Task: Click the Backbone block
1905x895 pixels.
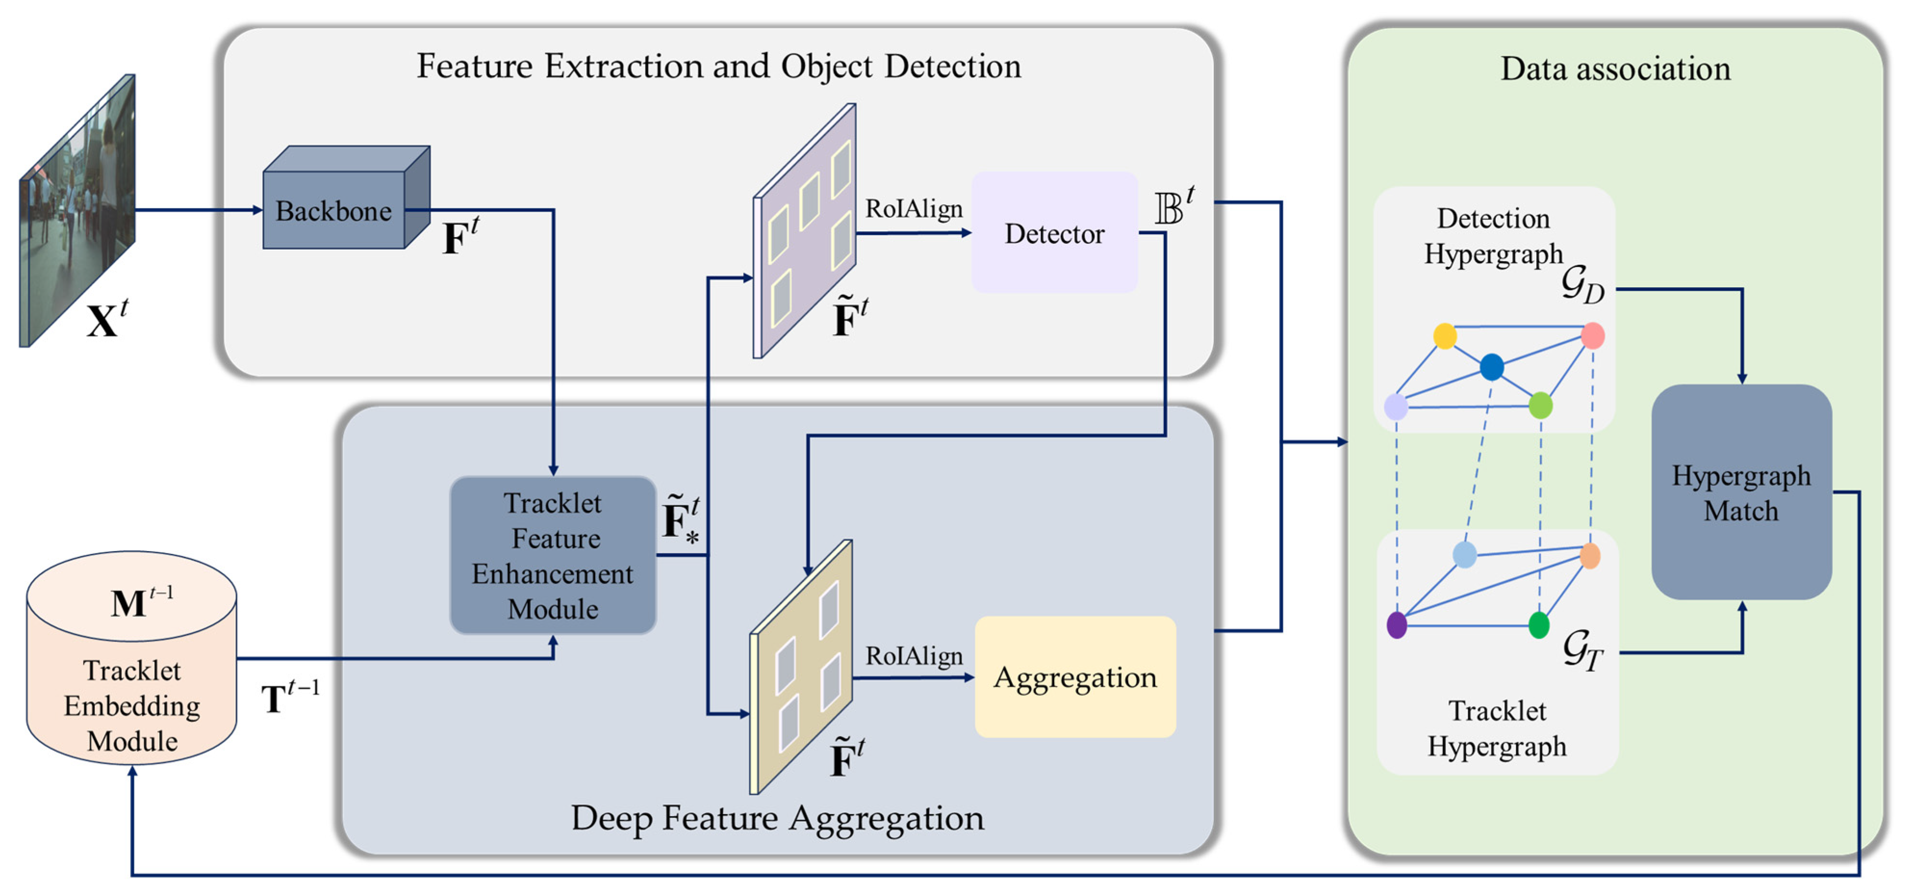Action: (334, 211)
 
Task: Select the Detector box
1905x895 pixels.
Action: (1054, 233)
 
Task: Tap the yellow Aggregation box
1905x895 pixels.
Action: (1074, 677)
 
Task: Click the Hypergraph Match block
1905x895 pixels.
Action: (1741, 492)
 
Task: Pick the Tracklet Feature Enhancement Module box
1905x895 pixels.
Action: (553, 555)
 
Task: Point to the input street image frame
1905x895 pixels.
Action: (77, 211)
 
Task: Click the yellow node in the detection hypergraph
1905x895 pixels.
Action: (1444, 336)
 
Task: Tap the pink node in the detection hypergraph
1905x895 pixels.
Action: (1592, 336)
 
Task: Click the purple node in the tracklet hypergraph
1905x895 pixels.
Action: (1396, 625)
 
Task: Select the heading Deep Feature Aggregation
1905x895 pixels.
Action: (777, 818)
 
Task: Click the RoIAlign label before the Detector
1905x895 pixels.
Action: (914, 209)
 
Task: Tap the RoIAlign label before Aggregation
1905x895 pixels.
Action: (914, 655)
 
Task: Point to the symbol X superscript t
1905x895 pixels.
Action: (107, 319)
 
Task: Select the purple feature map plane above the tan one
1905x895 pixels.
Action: (805, 231)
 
